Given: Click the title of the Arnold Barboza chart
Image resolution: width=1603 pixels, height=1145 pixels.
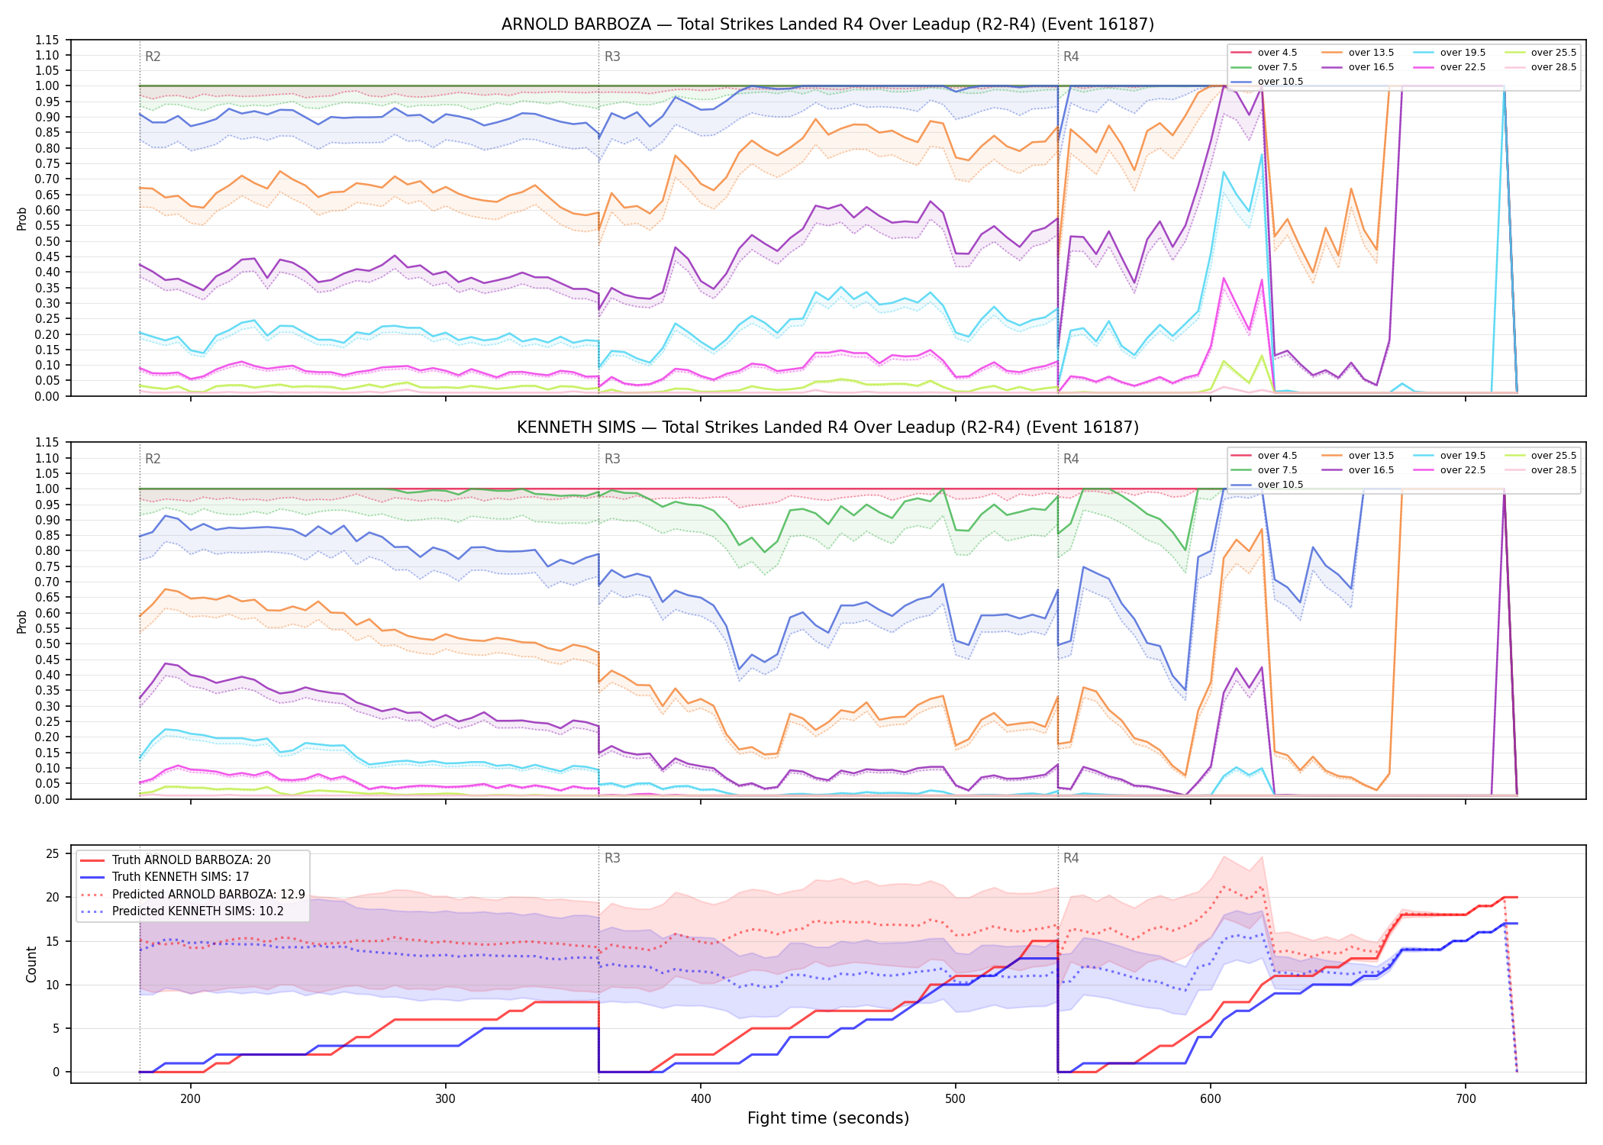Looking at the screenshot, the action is [827, 24].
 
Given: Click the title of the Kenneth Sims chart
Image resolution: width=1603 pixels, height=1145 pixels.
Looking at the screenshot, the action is [827, 427].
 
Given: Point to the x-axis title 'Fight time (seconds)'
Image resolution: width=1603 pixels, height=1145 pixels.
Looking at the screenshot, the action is [828, 1118].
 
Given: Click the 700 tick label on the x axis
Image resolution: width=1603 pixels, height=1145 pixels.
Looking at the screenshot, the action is [1466, 1098].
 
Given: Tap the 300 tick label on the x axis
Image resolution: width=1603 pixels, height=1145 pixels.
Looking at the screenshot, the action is [445, 1098].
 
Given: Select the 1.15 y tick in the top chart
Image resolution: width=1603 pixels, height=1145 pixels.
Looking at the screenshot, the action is [47, 40].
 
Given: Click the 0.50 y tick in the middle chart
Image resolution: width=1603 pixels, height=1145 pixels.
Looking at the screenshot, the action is [47, 643].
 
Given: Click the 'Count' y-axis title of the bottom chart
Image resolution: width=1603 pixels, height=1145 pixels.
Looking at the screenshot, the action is [31, 964].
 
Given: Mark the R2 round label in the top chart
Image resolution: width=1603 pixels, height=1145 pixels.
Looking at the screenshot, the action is [153, 56].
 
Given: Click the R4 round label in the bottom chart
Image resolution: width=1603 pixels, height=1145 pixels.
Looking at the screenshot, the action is [1071, 858].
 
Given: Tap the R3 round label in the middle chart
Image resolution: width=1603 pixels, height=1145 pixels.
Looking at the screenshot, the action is [612, 459].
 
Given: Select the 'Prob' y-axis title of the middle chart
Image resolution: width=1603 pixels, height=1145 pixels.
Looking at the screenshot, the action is [22, 621].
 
